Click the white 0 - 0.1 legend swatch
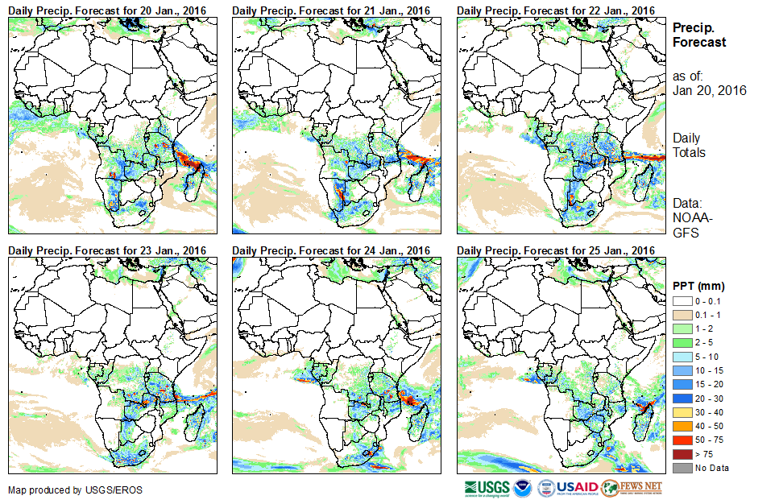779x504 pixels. (682, 301)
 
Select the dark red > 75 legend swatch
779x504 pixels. (682, 456)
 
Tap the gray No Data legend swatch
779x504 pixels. (682, 469)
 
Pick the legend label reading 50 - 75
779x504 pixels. (709, 443)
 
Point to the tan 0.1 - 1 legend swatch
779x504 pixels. (682, 314)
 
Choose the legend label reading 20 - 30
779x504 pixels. (709, 404)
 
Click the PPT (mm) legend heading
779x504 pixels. (698, 287)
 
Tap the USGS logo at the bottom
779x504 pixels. (487, 488)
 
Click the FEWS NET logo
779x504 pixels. (632, 488)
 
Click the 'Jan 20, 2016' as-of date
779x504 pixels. (709, 90)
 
